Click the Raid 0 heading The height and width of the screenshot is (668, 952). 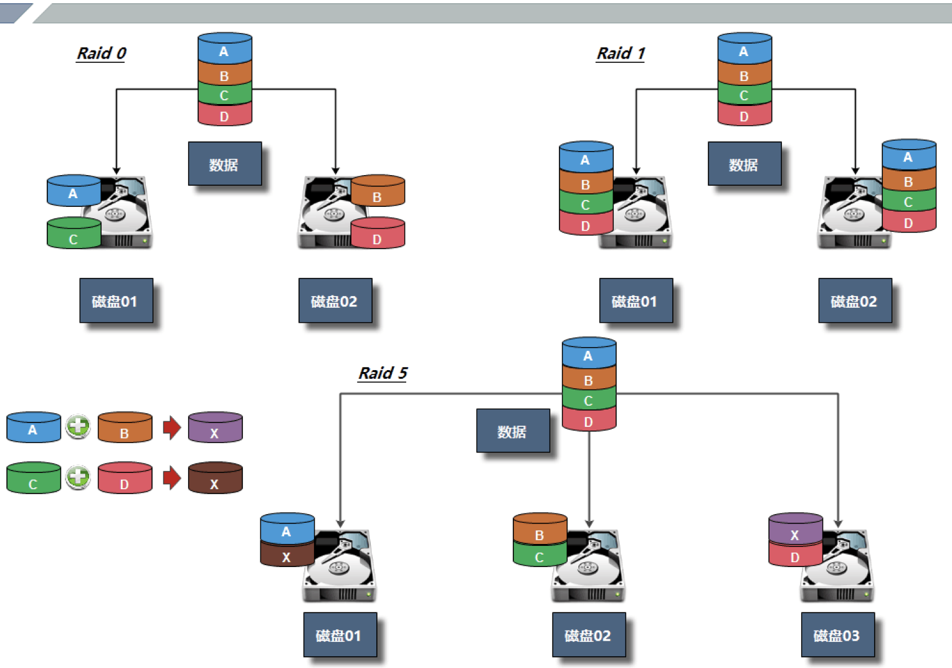click(x=102, y=54)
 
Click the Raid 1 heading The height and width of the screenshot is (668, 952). click(x=621, y=54)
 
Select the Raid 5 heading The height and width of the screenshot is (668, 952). click(x=383, y=373)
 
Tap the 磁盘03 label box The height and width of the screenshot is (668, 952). click(x=837, y=635)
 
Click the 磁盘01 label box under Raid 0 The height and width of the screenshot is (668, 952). click(x=116, y=301)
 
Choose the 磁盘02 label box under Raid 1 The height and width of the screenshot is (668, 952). click(x=855, y=301)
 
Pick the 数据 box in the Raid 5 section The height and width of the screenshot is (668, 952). click(x=513, y=431)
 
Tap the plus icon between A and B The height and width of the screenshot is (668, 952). click(x=78, y=427)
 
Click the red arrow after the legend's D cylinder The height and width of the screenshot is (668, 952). click(x=171, y=478)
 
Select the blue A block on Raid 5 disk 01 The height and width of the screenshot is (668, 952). click(x=287, y=530)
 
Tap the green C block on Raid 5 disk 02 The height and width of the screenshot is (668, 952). click(x=540, y=555)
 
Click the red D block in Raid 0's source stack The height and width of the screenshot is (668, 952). click(x=224, y=115)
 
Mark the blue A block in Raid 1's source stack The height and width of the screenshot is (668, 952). click(x=744, y=49)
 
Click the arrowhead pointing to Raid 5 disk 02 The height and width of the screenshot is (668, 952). click(x=589, y=523)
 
